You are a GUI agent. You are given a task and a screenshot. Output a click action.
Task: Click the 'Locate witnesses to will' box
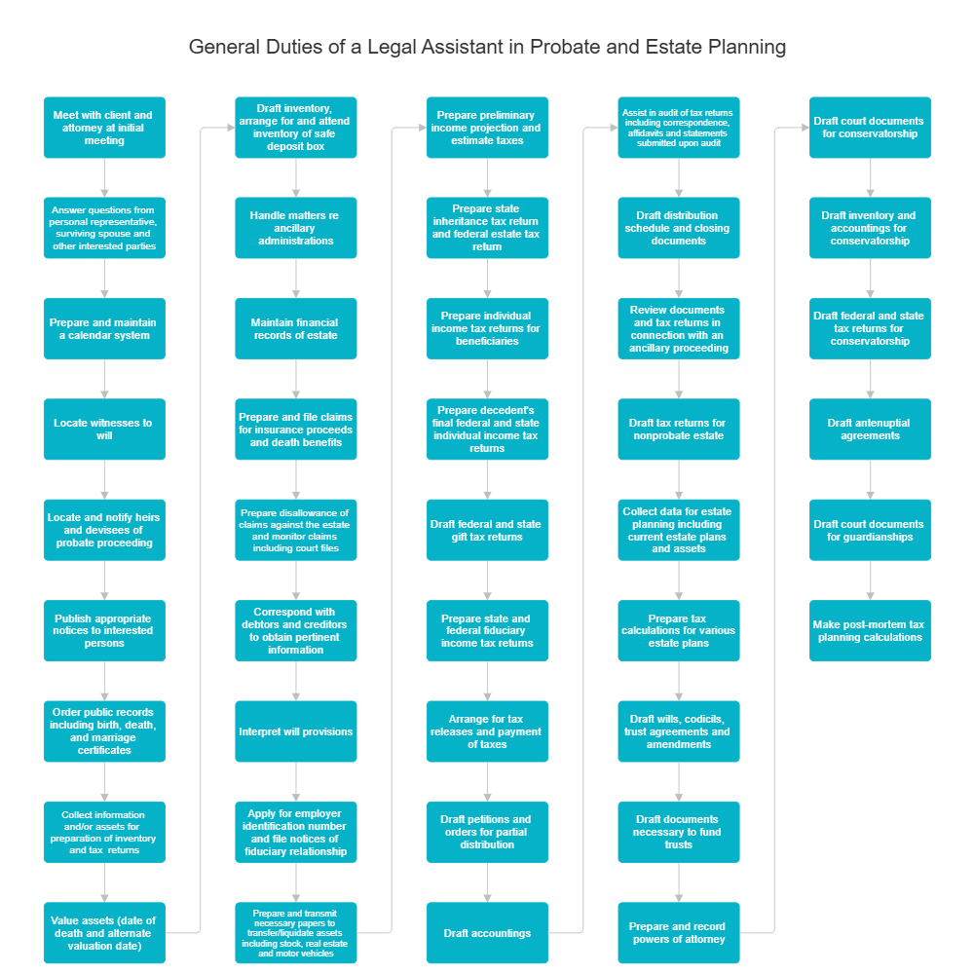pos(104,430)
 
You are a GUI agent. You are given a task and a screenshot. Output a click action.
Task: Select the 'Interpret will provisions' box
pos(296,731)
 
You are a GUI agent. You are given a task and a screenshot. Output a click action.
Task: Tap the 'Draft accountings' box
pos(487,933)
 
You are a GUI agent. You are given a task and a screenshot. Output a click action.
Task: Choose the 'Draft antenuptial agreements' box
pos(870,430)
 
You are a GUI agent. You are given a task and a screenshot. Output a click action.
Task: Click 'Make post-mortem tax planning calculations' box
pos(870,631)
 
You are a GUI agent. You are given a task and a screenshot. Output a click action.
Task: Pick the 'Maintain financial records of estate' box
pos(296,329)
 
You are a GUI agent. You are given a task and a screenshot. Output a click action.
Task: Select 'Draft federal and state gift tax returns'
pos(487,530)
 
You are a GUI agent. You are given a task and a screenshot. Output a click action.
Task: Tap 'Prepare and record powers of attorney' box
pos(679,933)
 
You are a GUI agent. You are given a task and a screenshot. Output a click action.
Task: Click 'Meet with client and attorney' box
pos(104,128)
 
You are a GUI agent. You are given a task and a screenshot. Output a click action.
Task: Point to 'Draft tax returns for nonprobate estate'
pos(679,430)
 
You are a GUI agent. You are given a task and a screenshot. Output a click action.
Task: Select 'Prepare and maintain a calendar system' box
pos(104,329)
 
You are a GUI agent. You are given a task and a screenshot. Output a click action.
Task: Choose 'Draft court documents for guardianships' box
pos(870,530)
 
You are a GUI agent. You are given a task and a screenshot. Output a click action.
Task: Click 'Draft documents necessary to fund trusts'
pos(679,832)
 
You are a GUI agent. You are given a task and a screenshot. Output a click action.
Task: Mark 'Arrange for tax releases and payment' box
pos(487,731)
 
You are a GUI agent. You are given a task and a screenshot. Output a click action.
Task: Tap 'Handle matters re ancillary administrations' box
pos(296,228)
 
